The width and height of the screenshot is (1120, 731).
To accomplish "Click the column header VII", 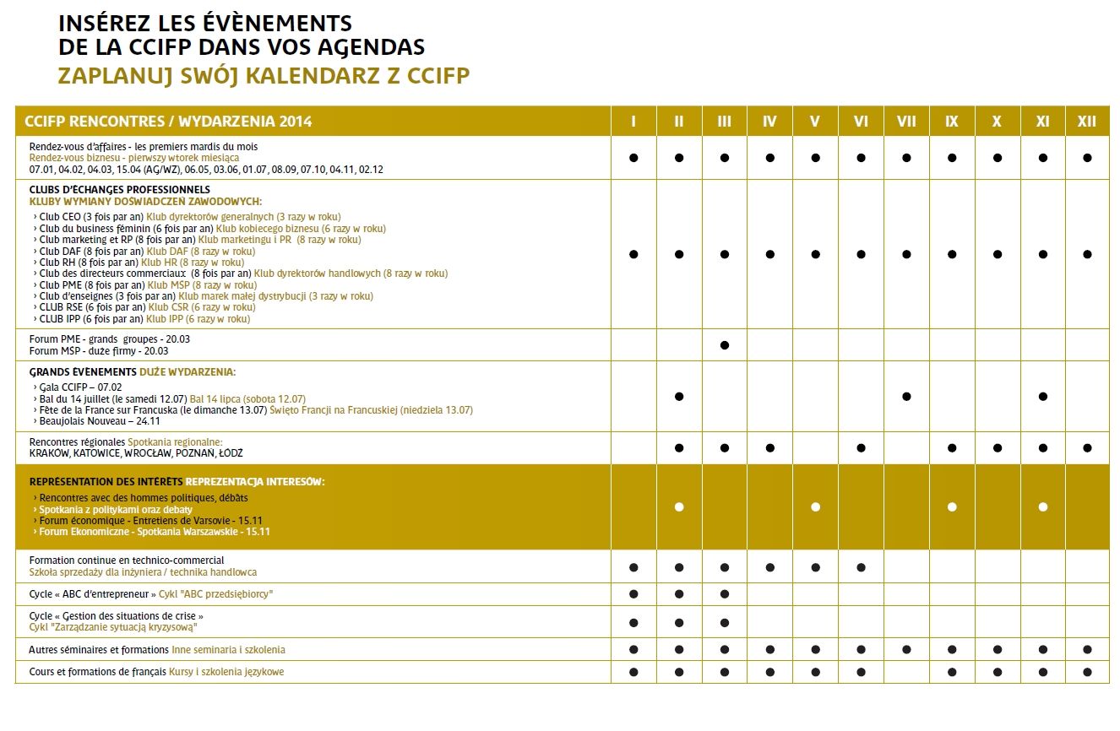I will point(905,122).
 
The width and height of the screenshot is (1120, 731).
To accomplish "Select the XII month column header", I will point(1087,122).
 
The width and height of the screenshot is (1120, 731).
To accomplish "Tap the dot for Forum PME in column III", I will point(724,345).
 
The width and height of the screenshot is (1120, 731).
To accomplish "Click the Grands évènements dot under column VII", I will point(905,396).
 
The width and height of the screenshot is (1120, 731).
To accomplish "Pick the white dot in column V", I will point(815,507).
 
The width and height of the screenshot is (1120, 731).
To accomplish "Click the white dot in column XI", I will point(1042,507).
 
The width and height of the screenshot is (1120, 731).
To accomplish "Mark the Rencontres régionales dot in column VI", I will point(861,448).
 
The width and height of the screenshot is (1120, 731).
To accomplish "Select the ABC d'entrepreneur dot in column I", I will point(633,594).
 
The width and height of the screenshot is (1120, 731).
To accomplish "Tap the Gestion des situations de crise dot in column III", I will point(724,623).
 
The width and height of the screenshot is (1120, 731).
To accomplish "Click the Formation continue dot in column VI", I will point(861,567).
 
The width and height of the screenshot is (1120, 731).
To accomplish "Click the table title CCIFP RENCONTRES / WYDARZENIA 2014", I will point(168,122).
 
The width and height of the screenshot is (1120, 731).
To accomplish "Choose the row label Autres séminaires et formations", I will point(98,650).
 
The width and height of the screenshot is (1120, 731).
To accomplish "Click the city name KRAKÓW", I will point(49,453).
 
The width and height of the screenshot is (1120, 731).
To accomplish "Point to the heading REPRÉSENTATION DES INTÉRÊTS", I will point(106,482).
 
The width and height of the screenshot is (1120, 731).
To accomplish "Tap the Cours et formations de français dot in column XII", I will point(1087,672).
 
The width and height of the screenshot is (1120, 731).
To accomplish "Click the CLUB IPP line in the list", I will point(144,319).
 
